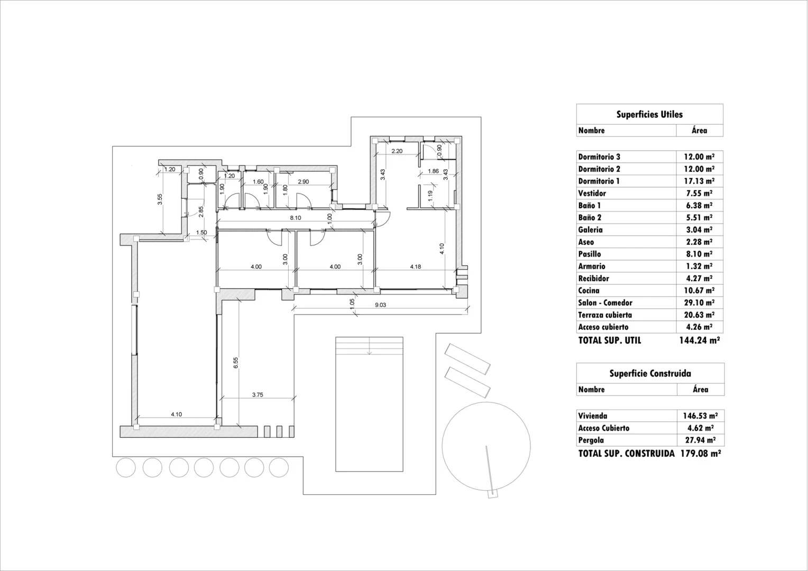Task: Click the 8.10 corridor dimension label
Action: coord(296,217)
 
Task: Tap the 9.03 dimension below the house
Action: coord(381,305)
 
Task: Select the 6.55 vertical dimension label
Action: coord(235,363)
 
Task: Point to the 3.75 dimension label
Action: coord(258,394)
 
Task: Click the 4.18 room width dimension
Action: coord(416,266)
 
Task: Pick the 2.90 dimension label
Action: coord(304,182)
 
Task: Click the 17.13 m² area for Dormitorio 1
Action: coord(699,181)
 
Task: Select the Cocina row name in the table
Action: coord(589,290)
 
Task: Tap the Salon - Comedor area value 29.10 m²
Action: coord(699,302)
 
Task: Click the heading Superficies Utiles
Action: coord(649,114)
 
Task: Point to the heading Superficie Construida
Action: coord(650,373)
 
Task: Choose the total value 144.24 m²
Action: coord(700,340)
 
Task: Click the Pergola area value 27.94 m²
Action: coord(700,440)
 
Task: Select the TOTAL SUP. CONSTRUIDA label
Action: coord(626,454)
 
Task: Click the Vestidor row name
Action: coord(592,193)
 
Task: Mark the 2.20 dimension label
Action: coord(397,151)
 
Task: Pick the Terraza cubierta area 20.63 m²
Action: coord(699,315)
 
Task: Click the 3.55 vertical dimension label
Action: coord(160,199)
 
